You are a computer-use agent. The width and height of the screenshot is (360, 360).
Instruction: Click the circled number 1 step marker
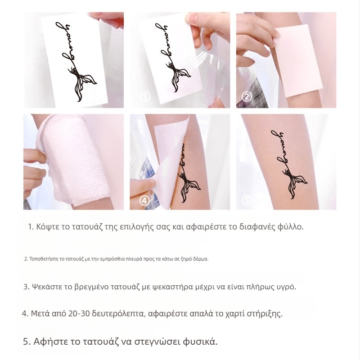(x=145, y=96)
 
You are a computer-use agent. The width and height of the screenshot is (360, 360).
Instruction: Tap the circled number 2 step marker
(x=247, y=97)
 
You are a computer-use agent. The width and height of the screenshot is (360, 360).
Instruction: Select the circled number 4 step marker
(x=144, y=201)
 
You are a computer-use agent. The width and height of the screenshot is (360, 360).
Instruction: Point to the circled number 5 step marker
(x=246, y=200)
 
